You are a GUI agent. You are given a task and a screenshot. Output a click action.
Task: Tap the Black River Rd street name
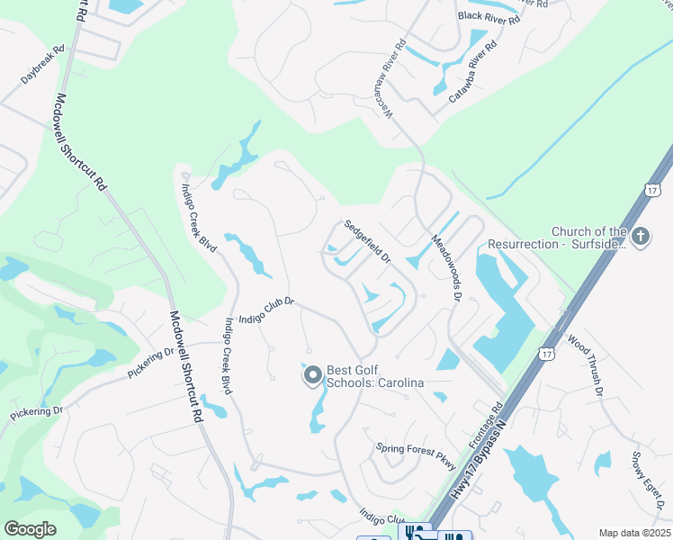point(489,16)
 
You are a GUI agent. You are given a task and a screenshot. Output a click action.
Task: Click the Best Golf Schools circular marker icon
point(313,375)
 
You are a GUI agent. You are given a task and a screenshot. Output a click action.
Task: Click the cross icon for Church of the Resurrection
point(640,237)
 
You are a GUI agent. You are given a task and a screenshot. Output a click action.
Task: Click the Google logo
point(31,529)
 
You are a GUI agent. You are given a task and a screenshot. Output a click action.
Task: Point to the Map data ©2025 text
point(633,533)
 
